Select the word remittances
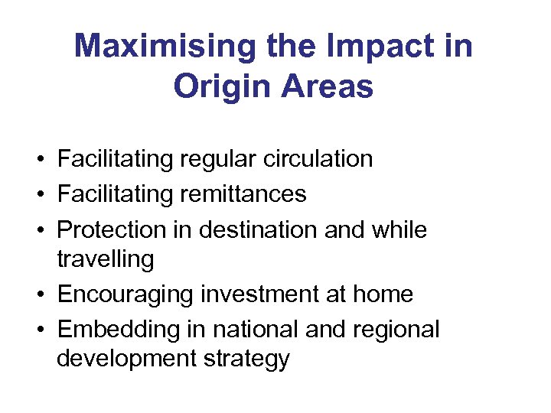tap(243, 194)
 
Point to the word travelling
tap(106, 259)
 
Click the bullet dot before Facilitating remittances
tap(37, 195)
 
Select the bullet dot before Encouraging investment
tap(37, 295)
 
